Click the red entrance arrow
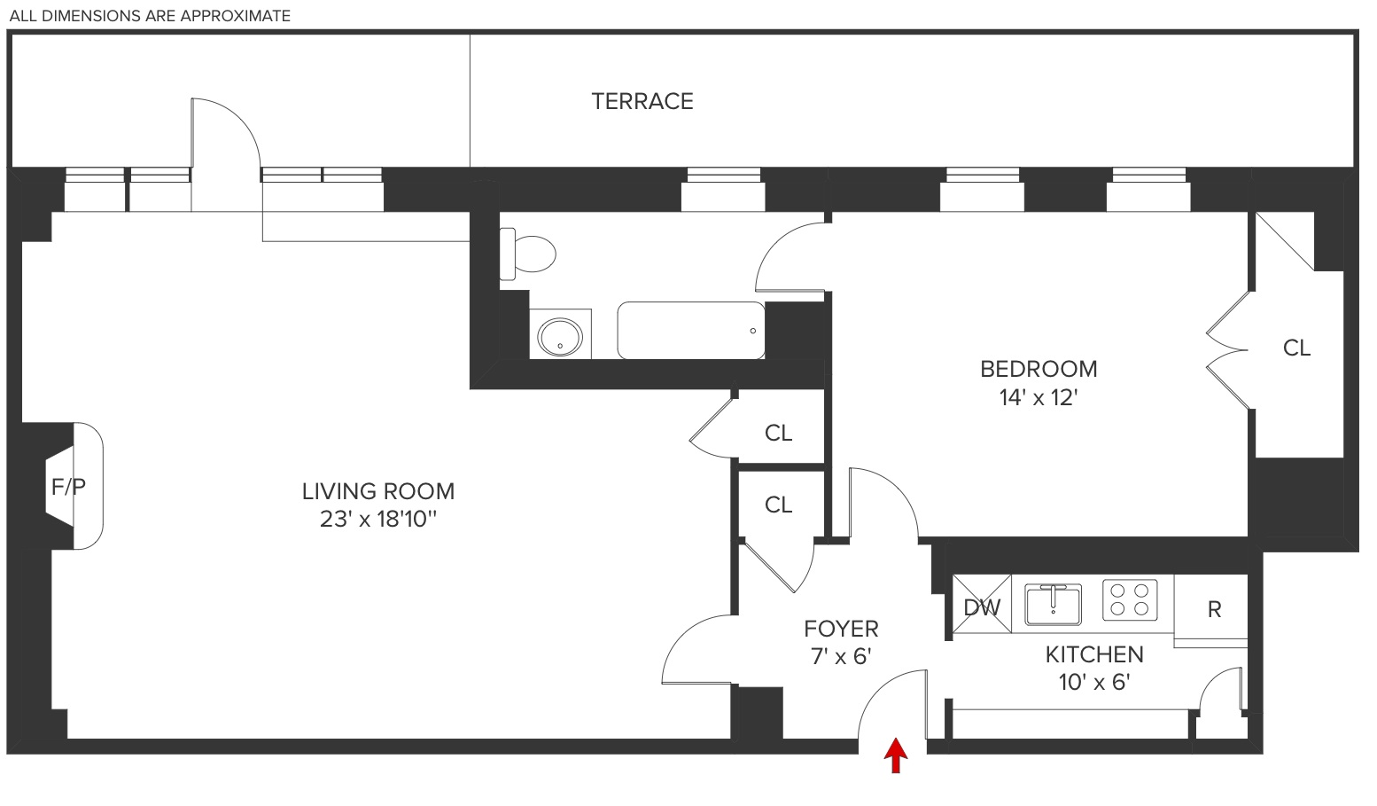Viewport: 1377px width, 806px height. point(897,756)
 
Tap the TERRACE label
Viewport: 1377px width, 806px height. point(642,101)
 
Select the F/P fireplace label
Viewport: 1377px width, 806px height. point(68,486)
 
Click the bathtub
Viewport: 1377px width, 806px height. point(690,331)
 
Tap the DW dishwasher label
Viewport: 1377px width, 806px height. point(981,607)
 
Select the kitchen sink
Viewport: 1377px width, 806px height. point(1053,603)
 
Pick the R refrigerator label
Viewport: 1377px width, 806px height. point(1214,609)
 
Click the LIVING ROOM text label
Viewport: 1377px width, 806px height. point(378,491)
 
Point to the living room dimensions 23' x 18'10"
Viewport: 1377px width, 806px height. point(378,519)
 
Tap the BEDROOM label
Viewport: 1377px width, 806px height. point(1039,369)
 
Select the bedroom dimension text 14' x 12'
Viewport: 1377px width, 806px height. point(1039,397)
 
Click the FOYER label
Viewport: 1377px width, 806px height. point(841,630)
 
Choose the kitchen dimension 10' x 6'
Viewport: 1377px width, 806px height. point(1094,682)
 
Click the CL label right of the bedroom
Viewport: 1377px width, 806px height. point(1296,348)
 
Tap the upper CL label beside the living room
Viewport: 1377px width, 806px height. point(778,433)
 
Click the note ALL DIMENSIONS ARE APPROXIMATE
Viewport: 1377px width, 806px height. point(150,16)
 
